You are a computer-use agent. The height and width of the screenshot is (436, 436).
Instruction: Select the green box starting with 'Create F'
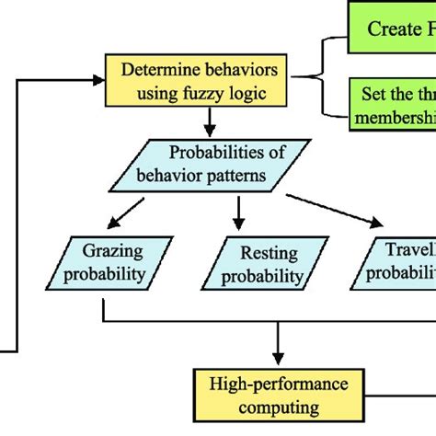pyautogui.click(x=392, y=29)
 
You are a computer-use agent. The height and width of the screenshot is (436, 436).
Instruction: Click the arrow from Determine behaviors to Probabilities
pyautogui.click(x=211, y=120)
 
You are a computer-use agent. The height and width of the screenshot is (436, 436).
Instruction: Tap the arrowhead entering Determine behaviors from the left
pyautogui.click(x=99, y=79)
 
